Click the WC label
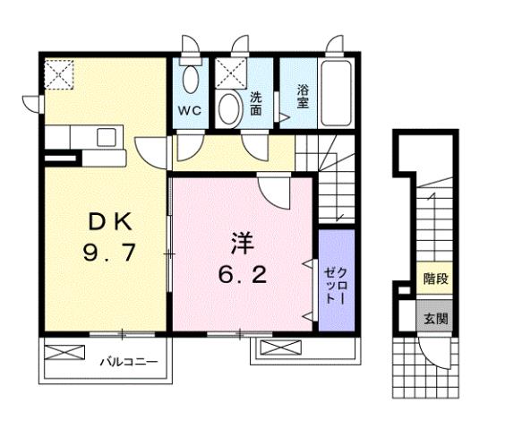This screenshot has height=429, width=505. click(x=188, y=111)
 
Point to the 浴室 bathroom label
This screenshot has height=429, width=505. click(x=303, y=95)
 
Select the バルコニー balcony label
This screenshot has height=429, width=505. click(x=128, y=363)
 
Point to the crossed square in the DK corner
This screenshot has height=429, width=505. click(x=61, y=73)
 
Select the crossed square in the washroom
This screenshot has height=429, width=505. click(x=229, y=72)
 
